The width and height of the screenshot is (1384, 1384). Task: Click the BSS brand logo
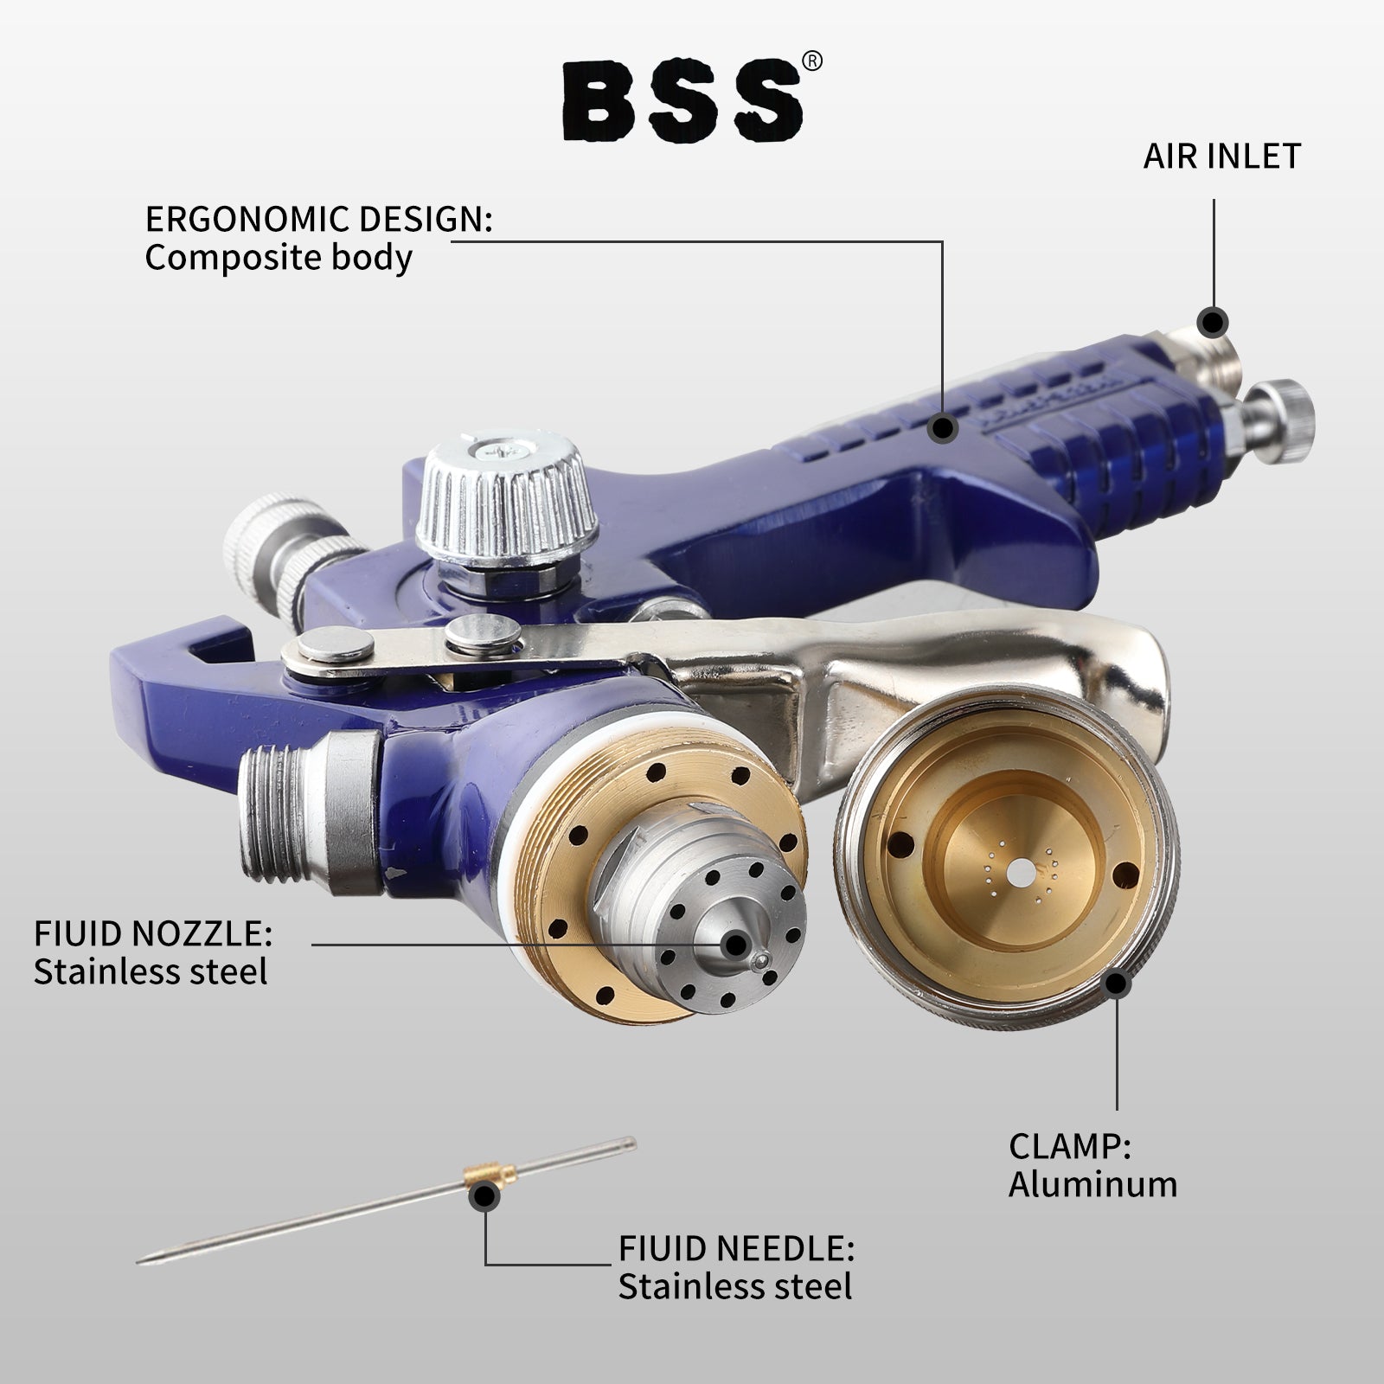pos(682,102)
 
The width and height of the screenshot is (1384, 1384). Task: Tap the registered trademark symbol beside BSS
pos(812,61)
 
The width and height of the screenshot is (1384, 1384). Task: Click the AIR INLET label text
pos(1221,157)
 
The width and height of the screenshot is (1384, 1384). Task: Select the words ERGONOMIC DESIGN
pos(318,220)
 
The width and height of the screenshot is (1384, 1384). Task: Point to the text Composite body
pos(278,258)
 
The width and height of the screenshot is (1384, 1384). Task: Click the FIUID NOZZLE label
pos(153,934)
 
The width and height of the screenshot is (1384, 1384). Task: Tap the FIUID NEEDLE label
pos(736,1248)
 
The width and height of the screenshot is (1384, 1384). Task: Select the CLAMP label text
pos(1069,1146)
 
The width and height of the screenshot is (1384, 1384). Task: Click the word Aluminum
pos(1092,1184)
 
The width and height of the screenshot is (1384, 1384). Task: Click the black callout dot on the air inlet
pos(1213,322)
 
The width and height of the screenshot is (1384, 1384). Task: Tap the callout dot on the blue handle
pos(943,427)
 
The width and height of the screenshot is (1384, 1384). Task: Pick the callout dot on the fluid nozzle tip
pos(736,944)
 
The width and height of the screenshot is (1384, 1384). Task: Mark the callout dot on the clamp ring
pos(1118,984)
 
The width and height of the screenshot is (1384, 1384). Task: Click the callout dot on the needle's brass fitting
pos(484,1197)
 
